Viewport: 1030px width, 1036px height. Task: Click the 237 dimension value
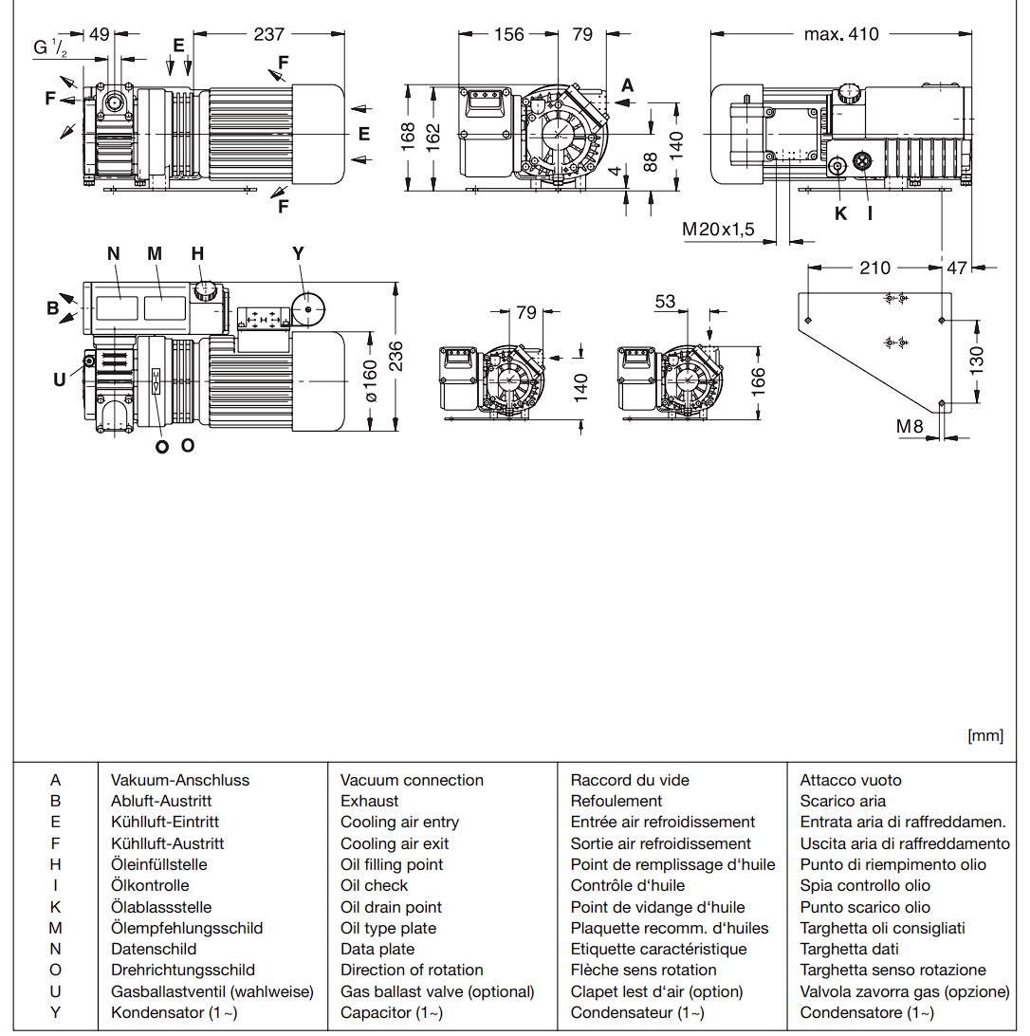[269, 34]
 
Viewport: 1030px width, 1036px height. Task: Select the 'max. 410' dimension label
[841, 34]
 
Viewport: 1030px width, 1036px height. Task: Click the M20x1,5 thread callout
[718, 229]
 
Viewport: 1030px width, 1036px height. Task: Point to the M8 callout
[910, 427]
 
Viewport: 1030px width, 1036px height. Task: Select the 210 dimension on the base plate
[874, 268]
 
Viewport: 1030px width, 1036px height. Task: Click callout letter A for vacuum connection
[627, 85]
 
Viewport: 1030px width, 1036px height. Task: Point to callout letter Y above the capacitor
[299, 253]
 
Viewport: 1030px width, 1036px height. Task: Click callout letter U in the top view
[59, 379]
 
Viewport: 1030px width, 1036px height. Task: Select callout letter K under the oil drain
[840, 213]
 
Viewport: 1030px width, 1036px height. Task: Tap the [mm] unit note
[984, 735]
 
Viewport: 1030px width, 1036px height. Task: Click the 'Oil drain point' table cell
[391, 907]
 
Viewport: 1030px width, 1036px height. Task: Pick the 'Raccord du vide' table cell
[630, 780]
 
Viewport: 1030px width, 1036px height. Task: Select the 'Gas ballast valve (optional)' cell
[437, 991]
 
